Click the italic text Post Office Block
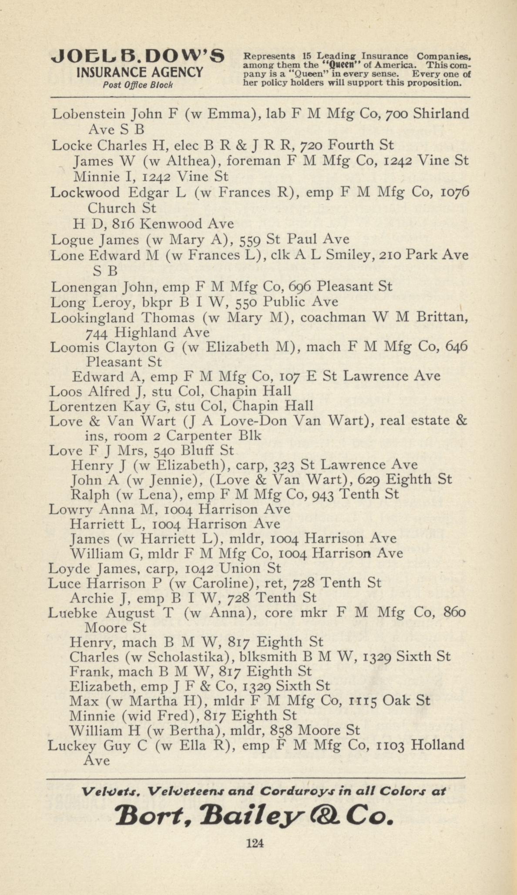138,84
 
